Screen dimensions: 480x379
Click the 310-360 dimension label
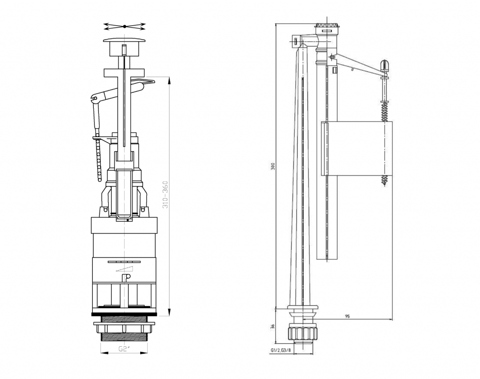[x=165, y=195]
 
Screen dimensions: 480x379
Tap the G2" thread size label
[x=125, y=349]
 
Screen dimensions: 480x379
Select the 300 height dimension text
[x=273, y=166]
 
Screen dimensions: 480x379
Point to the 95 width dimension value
[x=347, y=317]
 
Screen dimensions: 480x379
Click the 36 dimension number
[x=273, y=326]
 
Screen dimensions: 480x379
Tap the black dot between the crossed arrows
[x=125, y=27]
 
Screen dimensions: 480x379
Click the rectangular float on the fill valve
[x=357, y=149]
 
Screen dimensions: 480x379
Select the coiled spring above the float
[x=384, y=112]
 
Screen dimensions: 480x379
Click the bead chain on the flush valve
[x=98, y=159]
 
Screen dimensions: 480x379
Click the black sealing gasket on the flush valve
[x=124, y=314]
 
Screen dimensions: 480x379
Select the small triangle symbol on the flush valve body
[x=125, y=269]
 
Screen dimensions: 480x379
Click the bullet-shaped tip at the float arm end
[x=384, y=66]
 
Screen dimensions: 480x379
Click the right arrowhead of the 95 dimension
[x=390, y=320]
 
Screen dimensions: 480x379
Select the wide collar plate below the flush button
[x=124, y=73]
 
